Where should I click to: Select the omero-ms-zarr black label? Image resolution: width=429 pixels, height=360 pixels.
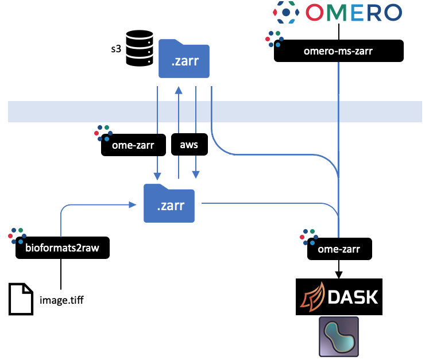pyautogui.click(x=338, y=51)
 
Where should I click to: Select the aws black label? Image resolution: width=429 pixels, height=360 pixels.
pyautogui.click(x=188, y=145)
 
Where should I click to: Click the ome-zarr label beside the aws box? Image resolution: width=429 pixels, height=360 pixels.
pyautogui.click(x=133, y=145)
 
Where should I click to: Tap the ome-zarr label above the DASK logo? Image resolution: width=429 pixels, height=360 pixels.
pyautogui.click(x=338, y=249)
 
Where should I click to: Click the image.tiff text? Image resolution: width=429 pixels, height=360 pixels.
pyautogui.click(x=63, y=299)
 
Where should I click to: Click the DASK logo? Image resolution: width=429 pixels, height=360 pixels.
pyautogui.click(x=338, y=296)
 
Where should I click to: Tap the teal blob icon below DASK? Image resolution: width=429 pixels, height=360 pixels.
pyautogui.click(x=339, y=336)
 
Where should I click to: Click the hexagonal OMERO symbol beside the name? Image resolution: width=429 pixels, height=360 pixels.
pyautogui.click(x=286, y=12)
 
